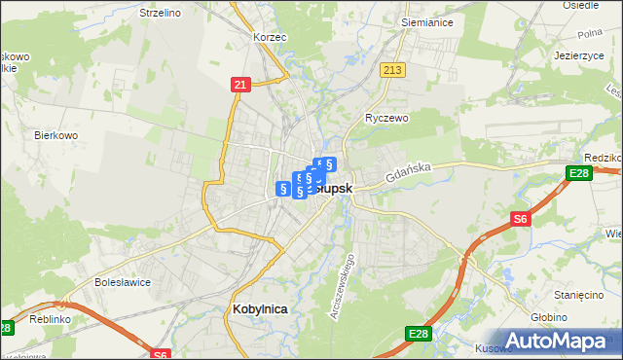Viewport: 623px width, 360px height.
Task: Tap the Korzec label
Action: tap(268, 36)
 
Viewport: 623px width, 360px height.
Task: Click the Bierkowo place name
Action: tap(55, 135)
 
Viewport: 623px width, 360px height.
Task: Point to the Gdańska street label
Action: tap(408, 174)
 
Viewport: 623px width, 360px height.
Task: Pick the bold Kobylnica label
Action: tap(260, 308)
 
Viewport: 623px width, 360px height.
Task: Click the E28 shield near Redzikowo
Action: tap(577, 173)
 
